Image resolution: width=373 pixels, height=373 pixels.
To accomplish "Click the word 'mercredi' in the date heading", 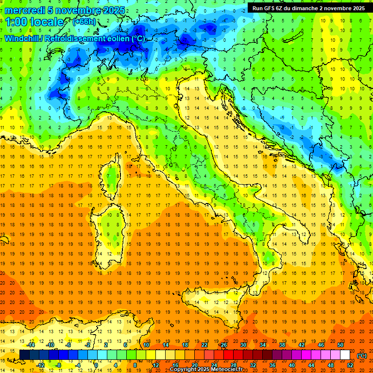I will coord(25,10).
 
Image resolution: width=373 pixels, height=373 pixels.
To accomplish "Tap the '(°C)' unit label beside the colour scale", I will coord(362,355).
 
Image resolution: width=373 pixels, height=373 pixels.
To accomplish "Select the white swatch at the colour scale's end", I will coord(345,355).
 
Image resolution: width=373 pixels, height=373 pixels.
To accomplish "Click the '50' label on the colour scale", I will coord(340,345).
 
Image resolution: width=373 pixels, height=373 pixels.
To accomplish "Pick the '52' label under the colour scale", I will coord(350,365).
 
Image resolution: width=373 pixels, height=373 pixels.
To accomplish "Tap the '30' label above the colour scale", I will coord(243,345).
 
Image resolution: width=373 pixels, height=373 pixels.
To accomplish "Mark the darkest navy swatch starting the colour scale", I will coord(24,355).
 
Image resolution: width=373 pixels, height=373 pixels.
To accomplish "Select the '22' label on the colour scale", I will coord(204,345).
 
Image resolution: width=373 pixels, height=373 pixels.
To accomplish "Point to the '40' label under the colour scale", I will coord(292,365).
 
